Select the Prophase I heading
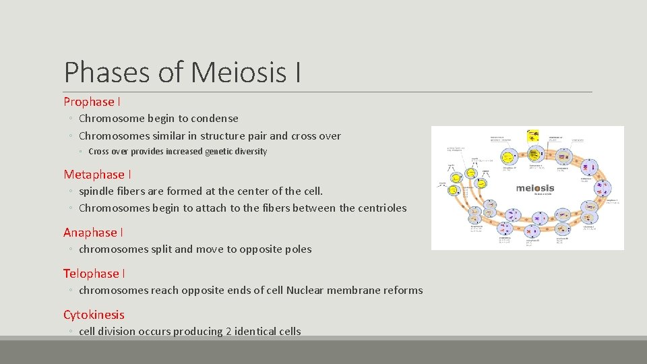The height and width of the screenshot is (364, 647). pyautogui.click(x=92, y=102)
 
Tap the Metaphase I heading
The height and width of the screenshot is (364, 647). pyautogui.click(x=98, y=175)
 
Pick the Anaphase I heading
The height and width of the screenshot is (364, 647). pyautogui.click(x=93, y=233)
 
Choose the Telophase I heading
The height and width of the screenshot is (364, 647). pyautogui.click(x=94, y=274)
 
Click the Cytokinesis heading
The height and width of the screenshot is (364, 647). pyautogui.click(x=94, y=315)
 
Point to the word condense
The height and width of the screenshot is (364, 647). pyautogui.click(x=216, y=119)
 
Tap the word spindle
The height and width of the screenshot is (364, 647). pyautogui.click(x=98, y=191)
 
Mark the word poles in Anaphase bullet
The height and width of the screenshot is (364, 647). pyautogui.click(x=297, y=249)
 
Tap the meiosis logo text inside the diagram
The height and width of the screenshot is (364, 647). pyautogui.click(x=535, y=187)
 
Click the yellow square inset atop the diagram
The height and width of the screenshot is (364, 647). pyautogui.click(x=533, y=134)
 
